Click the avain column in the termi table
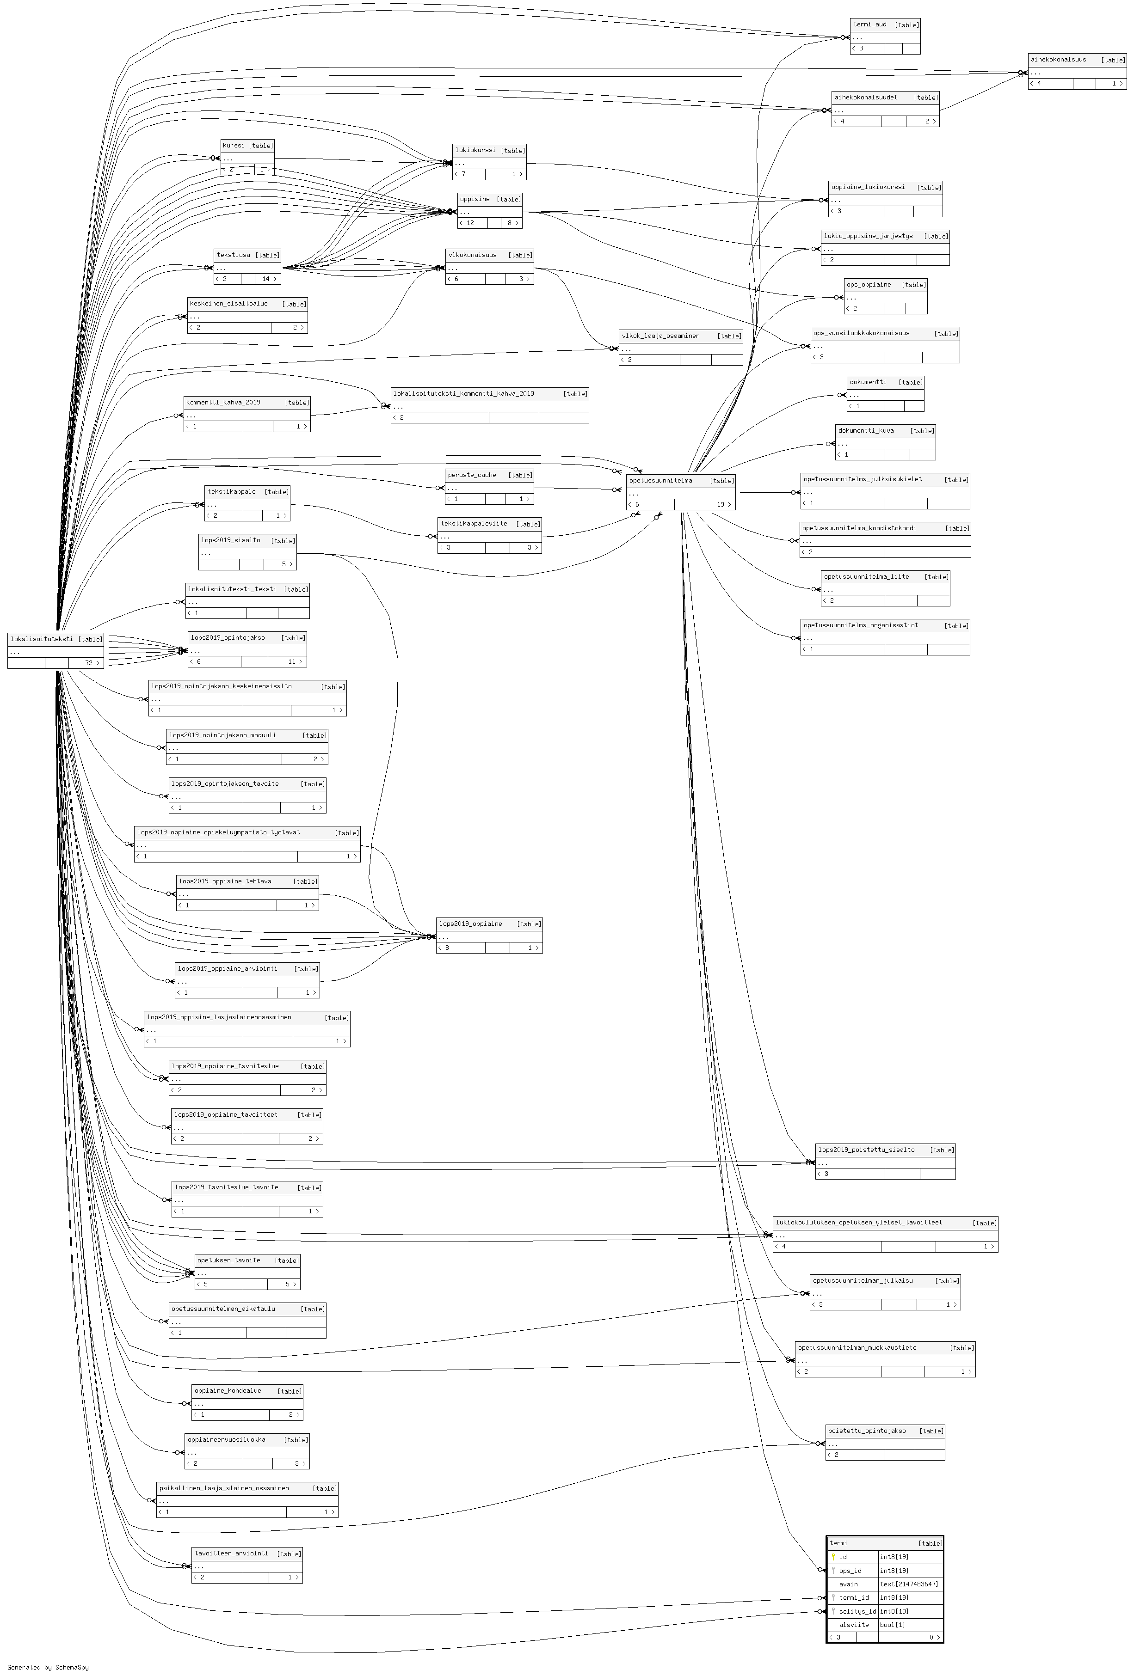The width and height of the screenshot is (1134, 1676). (x=848, y=1584)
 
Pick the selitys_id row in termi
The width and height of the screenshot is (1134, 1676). (x=884, y=1611)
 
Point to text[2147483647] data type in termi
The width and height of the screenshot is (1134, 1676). (x=909, y=1584)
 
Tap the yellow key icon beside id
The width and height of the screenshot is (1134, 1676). (x=833, y=1557)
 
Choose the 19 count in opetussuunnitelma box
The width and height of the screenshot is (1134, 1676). (x=720, y=505)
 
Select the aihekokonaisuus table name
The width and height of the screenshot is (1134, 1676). (x=1058, y=60)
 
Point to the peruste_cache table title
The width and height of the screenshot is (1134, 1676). (x=471, y=475)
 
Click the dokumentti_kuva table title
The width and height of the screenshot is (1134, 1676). (x=866, y=430)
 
